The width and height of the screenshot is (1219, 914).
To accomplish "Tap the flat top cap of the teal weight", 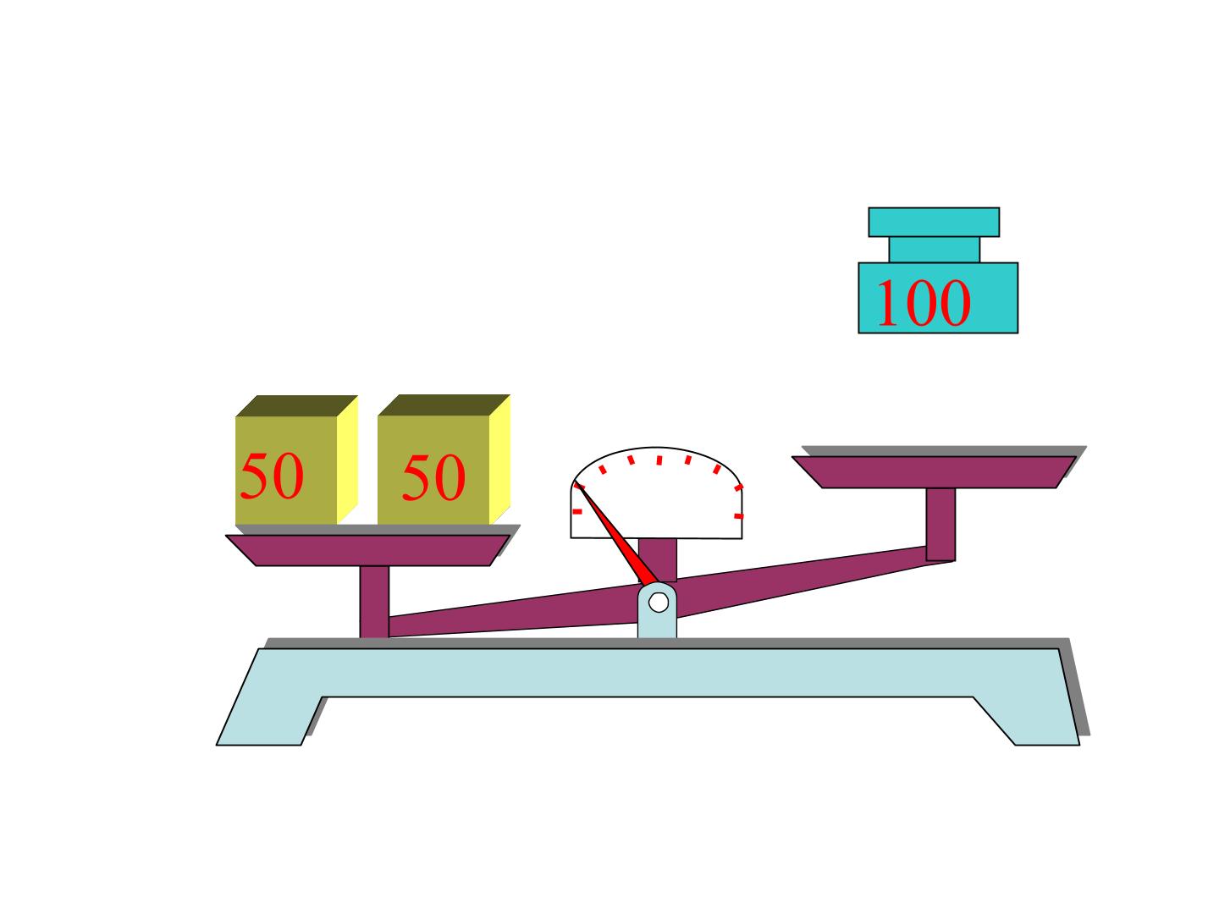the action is [x=934, y=222].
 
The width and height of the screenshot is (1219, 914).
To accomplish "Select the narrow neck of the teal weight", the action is [x=934, y=250].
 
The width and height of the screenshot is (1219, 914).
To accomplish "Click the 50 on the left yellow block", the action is [x=272, y=476].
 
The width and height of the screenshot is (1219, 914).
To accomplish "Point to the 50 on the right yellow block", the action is [x=433, y=477].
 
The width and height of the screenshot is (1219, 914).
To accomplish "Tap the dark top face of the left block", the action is [x=296, y=405].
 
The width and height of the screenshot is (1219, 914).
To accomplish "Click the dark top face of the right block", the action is [x=444, y=405].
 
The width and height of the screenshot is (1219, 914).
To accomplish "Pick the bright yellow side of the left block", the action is [x=348, y=460].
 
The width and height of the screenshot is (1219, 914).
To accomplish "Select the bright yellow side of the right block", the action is [x=499, y=460].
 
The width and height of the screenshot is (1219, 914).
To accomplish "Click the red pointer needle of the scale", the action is [x=615, y=534].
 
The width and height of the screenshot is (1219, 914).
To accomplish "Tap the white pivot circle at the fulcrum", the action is [x=658, y=602].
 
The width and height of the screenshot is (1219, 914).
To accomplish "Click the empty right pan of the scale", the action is [x=933, y=471].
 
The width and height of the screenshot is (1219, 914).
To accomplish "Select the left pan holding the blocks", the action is [x=367, y=550].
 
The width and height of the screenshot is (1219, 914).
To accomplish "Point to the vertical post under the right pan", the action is [x=940, y=525].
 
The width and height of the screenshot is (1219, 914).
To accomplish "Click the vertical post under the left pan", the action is [x=374, y=602].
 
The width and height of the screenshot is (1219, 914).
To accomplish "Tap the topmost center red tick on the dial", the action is [x=659, y=460].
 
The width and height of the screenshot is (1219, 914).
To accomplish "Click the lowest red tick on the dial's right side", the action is [x=739, y=516].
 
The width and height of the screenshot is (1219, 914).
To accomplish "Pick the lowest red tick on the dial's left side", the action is [x=577, y=512].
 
